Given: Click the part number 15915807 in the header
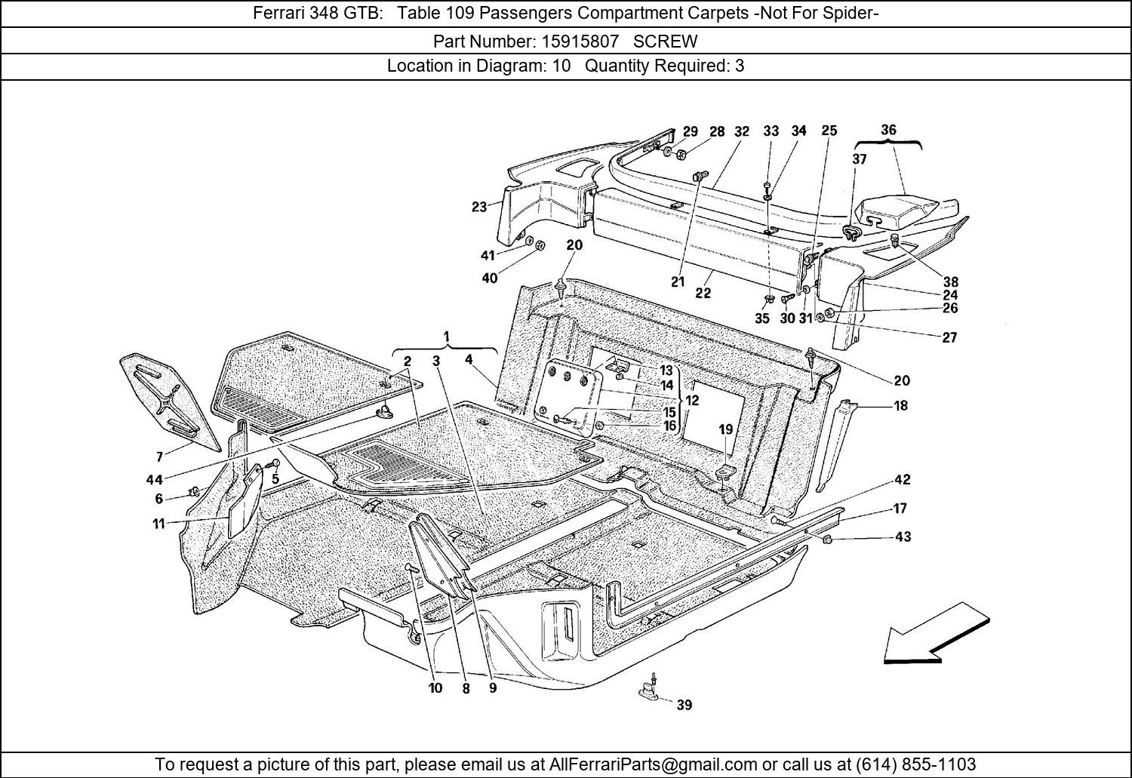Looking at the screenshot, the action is [x=580, y=42].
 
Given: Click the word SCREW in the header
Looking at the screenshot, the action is [x=665, y=42].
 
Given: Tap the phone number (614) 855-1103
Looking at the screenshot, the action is [x=915, y=764].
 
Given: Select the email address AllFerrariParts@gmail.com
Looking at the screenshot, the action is [x=653, y=764].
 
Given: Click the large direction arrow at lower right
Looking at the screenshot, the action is [x=937, y=635].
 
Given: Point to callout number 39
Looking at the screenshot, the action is [x=684, y=705].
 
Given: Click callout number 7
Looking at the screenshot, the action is [x=160, y=457].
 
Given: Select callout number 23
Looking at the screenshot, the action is [x=479, y=207].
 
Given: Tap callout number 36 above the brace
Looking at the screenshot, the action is [x=888, y=130].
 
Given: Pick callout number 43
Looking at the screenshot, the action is [x=903, y=537].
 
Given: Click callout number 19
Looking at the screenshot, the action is [x=726, y=429].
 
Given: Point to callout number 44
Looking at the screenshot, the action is [x=155, y=479].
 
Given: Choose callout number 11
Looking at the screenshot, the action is [x=158, y=524].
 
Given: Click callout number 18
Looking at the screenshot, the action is [x=901, y=405].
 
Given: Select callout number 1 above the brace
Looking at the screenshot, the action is [x=447, y=337].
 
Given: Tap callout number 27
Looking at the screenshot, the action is [x=949, y=337].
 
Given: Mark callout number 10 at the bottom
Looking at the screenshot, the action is [x=435, y=687].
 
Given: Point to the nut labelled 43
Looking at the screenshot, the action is [x=827, y=540].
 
